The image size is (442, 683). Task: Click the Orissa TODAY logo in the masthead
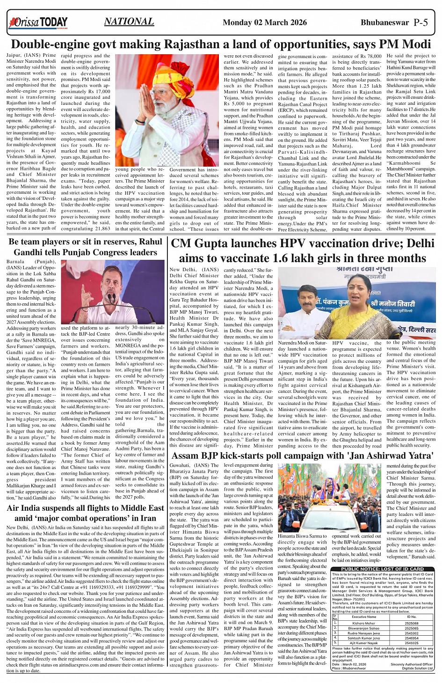pos(39,22)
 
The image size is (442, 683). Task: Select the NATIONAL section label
pos(129,22)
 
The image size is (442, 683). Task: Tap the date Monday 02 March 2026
pos(265,22)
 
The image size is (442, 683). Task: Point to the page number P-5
pos(420,22)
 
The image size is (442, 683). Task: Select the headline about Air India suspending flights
pos(86,513)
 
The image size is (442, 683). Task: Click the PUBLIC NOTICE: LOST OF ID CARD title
pos(382,569)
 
